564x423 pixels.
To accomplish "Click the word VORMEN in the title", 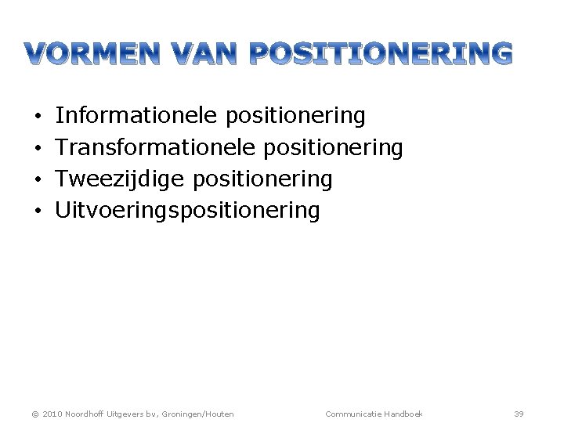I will (x=101, y=54).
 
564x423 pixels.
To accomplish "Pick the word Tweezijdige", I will (x=120, y=179).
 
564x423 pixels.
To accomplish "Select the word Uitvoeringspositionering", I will (x=188, y=211).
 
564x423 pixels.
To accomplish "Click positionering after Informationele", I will (x=295, y=117).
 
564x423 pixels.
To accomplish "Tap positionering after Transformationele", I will (x=333, y=148).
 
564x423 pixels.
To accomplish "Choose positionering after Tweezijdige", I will (x=262, y=180).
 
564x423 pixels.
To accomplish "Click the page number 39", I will (x=519, y=413).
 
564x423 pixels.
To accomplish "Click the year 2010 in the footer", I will (x=52, y=414).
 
